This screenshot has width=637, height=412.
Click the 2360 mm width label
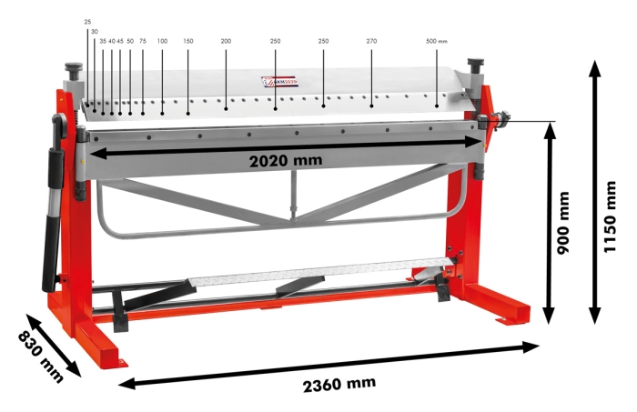(339, 383)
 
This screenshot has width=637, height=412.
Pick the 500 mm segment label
(437, 41)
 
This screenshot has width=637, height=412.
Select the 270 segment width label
(371, 41)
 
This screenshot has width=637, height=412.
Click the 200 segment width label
(226, 41)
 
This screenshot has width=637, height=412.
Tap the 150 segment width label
(188, 41)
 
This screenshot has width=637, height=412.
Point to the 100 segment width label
(162, 41)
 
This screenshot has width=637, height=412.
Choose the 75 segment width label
(143, 41)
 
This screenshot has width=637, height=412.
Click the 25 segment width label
(87, 21)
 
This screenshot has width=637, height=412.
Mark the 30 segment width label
(94, 31)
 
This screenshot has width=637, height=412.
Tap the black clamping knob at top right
(474, 66)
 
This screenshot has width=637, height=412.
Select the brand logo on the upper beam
(281, 82)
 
